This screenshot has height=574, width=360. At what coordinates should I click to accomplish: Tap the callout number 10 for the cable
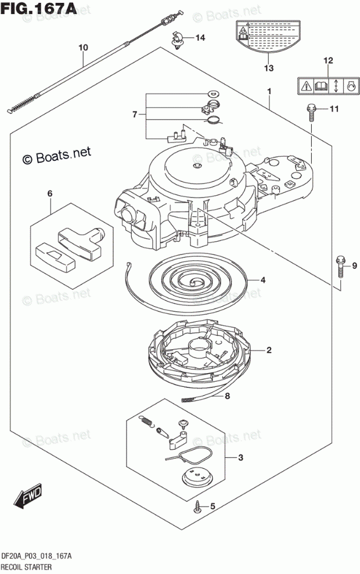pos(83,48)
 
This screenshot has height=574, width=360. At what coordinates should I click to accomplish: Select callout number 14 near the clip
pos(200,39)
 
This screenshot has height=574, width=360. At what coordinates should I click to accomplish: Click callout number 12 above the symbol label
pos(328,60)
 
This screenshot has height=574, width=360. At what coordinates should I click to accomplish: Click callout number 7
pos(135,114)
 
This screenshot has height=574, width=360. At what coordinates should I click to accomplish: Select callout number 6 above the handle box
pos(50,193)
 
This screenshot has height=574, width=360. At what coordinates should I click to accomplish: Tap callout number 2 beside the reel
pos(269,350)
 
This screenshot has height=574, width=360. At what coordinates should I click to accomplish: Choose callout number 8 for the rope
pos(227,397)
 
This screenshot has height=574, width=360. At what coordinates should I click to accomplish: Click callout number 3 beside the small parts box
pos(240,457)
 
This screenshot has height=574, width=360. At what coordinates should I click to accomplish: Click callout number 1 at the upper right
pos(269,91)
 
